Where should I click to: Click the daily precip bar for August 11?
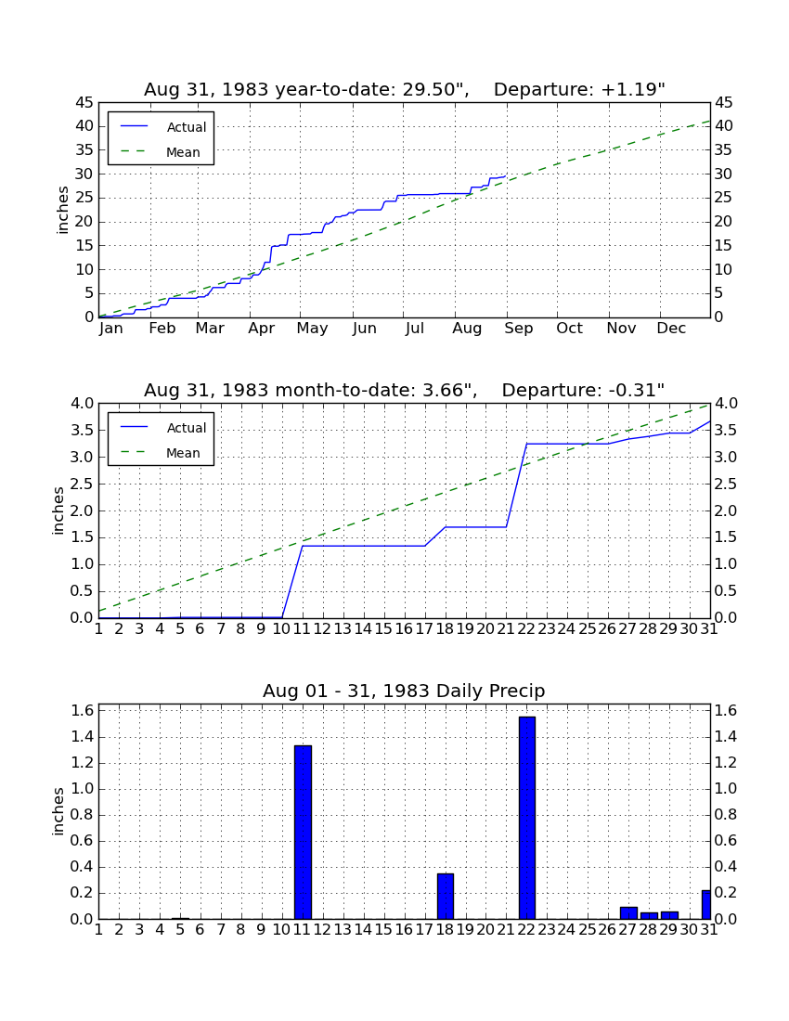click(x=303, y=833)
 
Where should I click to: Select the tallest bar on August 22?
click(x=526, y=818)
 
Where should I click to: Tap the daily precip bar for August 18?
click(x=446, y=896)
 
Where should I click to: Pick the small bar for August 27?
click(x=628, y=913)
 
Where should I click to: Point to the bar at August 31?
click(x=706, y=904)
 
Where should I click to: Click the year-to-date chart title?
click(x=405, y=89)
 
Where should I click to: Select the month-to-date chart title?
click(x=405, y=390)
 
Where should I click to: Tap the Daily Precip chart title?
click(x=404, y=691)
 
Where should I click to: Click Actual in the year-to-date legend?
click(x=187, y=127)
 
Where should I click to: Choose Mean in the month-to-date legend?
click(x=183, y=453)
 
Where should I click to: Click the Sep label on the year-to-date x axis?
click(x=518, y=329)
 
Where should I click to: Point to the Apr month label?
click(x=261, y=329)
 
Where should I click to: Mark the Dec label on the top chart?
click(x=671, y=329)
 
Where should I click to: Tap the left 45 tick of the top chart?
click(x=84, y=103)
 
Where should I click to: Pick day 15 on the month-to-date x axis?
click(x=383, y=629)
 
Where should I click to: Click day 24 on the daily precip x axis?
click(x=566, y=930)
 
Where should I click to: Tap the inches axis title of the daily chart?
click(x=58, y=811)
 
